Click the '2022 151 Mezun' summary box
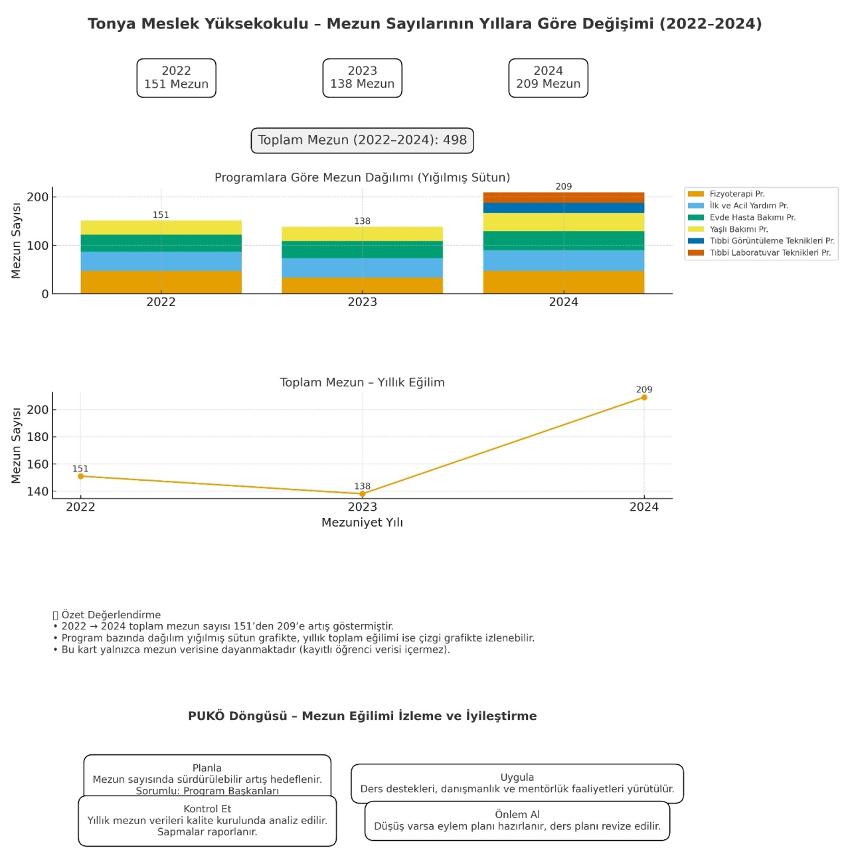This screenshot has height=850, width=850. [176, 78]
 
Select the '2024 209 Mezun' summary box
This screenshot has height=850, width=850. [548, 78]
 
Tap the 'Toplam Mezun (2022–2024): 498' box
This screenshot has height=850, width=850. [362, 140]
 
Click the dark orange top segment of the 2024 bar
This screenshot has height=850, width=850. [563, 197]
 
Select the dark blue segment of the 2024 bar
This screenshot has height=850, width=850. [563, 208]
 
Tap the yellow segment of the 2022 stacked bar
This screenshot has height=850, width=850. [161, 227]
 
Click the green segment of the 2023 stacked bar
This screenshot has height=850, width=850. [362, 250]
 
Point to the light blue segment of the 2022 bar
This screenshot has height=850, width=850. [161, 261]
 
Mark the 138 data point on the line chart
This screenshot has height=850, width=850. [362, 494]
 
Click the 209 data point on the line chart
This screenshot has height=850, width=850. [643, 397]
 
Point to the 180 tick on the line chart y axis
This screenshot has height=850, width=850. [38, 437]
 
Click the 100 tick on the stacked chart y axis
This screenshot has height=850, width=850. [38, 245]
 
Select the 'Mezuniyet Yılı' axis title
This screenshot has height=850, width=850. [362, 523]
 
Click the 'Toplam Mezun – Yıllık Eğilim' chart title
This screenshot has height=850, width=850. [362, 382]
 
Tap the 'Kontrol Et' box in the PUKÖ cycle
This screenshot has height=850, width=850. [207, 821]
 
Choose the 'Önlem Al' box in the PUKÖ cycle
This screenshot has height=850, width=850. [517, 821]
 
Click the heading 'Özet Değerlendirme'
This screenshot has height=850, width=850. [111, 615]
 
